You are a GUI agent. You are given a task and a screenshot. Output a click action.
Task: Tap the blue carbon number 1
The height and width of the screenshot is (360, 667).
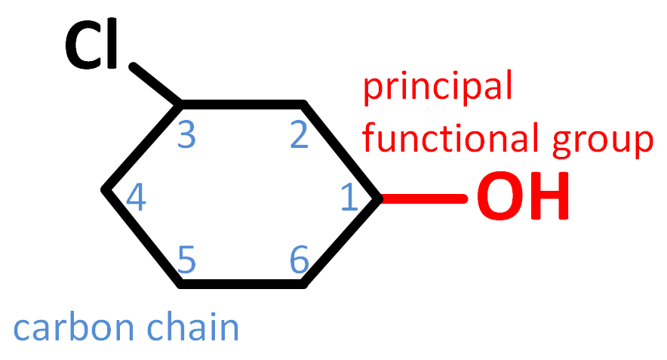tap(349, 198)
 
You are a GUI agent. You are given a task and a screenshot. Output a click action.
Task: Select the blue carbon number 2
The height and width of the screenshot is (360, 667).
tap(300, 136)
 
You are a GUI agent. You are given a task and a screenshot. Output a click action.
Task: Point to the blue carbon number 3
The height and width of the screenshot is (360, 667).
tap(187, 136)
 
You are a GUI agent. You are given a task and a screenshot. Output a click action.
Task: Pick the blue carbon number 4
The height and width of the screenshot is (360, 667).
tap(136, 198)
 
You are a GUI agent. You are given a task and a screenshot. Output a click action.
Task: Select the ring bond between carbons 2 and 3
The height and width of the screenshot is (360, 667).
tap(241, 102)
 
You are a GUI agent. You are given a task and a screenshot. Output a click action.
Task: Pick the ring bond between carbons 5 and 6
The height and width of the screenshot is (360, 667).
tap(241, 285)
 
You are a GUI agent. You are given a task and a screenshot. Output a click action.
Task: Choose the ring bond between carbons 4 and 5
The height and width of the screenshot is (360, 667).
tap(143, 238)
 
